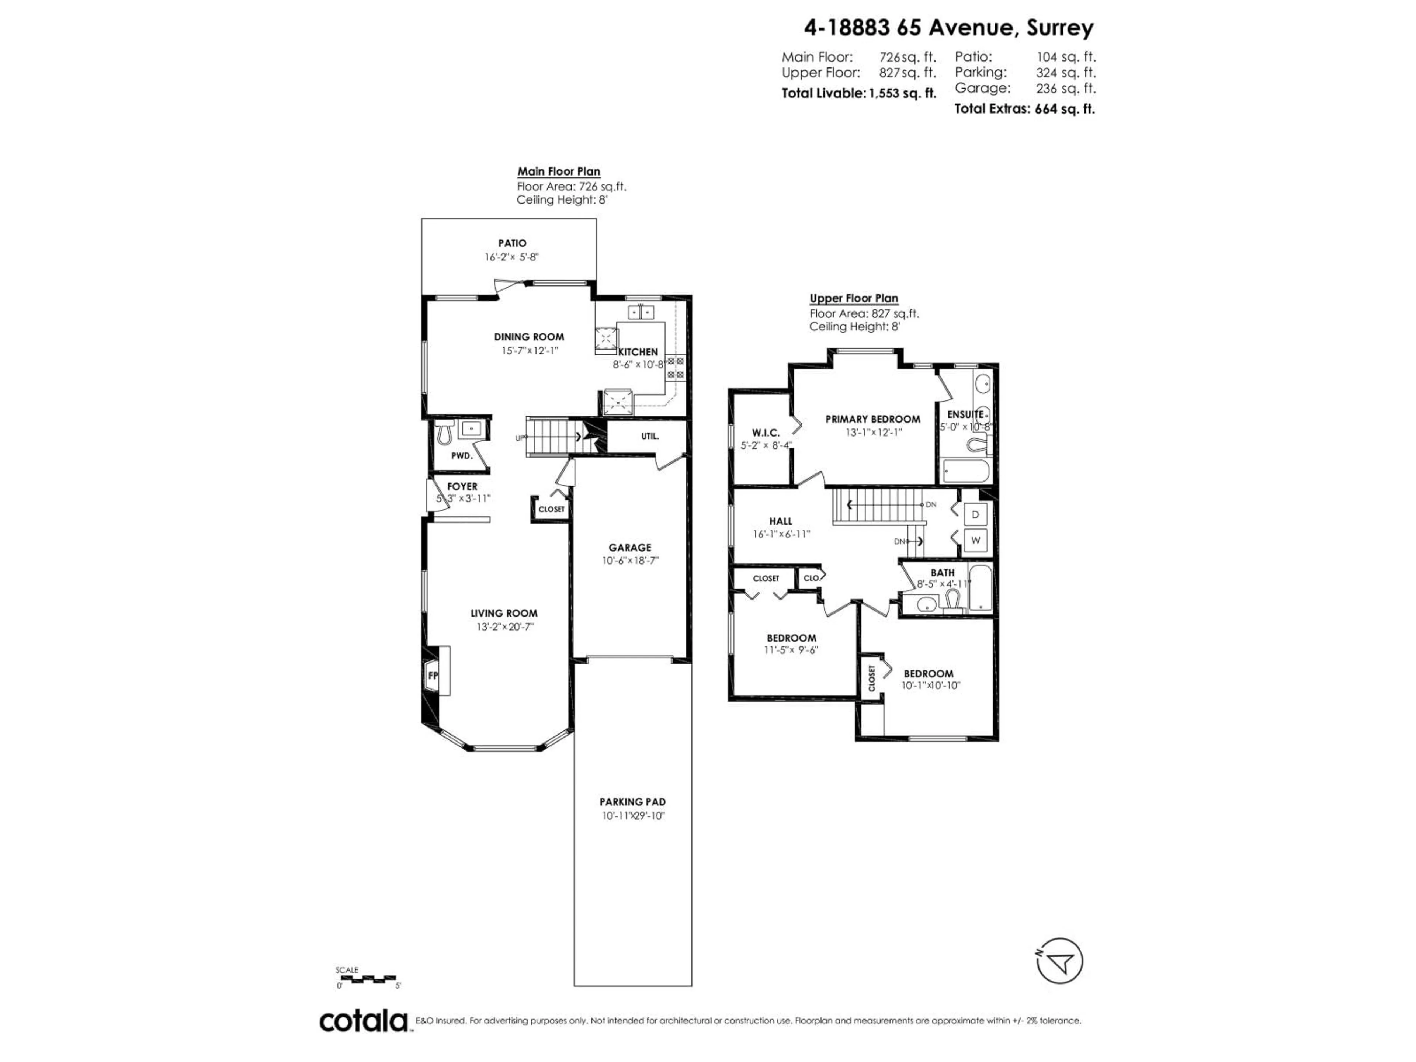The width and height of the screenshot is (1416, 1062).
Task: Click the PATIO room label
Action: (x=512, y=243)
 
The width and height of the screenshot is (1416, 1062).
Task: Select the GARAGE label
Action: (x=630, y=547)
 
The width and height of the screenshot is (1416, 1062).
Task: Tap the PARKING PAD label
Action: (x=632, y=801)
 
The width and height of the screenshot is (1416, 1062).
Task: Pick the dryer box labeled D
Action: (x=975, y=514)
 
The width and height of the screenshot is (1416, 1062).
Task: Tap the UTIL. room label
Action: (x=650, y=436)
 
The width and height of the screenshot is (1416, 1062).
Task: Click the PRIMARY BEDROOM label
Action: (x=872, y=419)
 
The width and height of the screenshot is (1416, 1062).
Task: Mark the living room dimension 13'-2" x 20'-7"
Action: (x=504, y=627)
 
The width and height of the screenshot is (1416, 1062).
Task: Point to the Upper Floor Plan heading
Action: (x=854, y=298)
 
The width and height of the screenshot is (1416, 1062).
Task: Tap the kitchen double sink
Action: (x=641, y=312)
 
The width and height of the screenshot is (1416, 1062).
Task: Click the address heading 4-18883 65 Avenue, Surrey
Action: (x=949, y=28)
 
